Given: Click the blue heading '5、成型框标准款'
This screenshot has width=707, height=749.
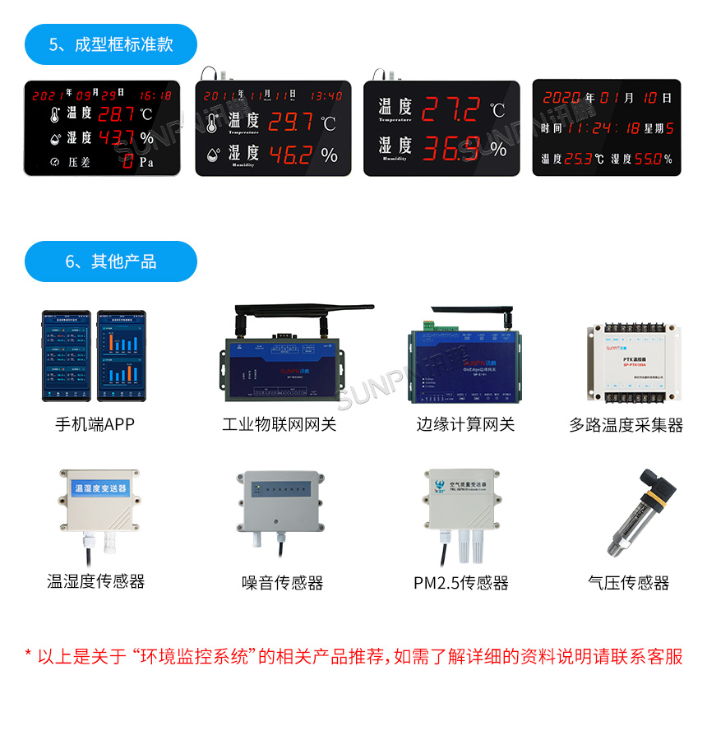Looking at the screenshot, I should tap(111, 44).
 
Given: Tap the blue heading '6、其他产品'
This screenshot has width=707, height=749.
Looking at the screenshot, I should tap(111, 261).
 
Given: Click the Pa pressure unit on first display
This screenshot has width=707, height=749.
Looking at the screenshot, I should tap(146, 162).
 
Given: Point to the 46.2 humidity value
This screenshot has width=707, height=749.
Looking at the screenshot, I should tap(290, 154).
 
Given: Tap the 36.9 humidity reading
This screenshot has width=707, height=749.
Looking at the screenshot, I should tap(451, 148).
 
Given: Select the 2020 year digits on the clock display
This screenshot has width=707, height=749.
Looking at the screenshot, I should tap(561, 98).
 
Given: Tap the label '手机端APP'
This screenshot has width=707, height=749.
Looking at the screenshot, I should tap(95, 424).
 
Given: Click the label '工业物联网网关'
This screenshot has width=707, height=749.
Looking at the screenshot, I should tap(279, 424).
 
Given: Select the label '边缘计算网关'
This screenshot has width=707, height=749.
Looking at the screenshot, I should tap(464, 424).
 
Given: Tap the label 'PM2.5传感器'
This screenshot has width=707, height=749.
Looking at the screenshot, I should tap(460, 583).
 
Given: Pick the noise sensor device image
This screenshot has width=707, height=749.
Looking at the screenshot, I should tap(282, 502).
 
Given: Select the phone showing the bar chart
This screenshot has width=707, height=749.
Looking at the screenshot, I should tap(121, 355).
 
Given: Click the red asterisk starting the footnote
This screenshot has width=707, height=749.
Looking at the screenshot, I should tap(28, 656).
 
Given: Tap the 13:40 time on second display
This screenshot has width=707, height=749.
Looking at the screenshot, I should tap(326, 95).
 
